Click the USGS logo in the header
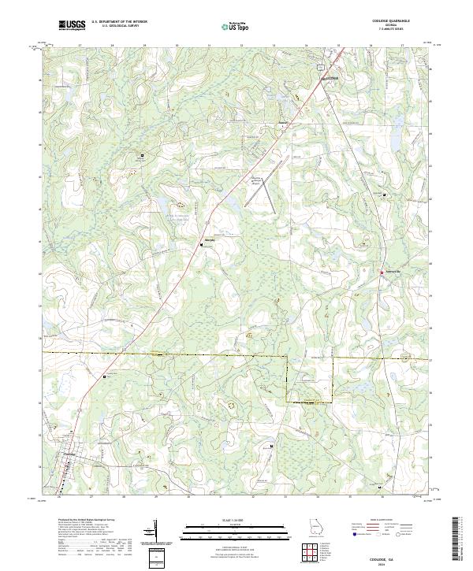(72, 25)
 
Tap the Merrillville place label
(393, 273)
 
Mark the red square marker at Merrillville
(382, 273)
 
